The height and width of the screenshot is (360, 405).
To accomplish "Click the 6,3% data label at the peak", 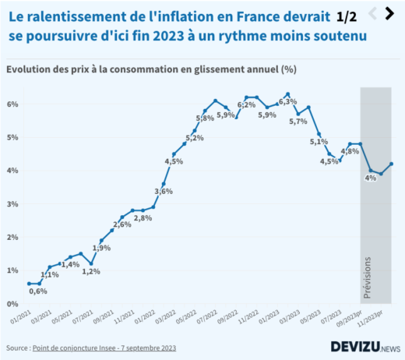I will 287,102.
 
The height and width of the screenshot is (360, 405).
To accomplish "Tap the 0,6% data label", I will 38,291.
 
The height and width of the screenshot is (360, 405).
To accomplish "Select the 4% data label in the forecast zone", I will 371,178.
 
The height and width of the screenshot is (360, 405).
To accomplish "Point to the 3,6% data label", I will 164,191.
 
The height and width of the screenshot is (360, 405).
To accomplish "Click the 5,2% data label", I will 195,138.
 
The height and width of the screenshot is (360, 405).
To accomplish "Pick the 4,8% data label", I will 350,151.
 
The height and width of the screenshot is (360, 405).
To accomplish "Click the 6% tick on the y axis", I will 12,104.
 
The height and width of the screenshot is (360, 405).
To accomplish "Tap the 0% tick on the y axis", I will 12,304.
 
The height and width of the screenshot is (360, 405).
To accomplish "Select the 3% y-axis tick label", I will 12,204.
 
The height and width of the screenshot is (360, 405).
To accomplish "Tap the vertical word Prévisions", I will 368,277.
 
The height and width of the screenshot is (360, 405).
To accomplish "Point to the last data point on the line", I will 392,164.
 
